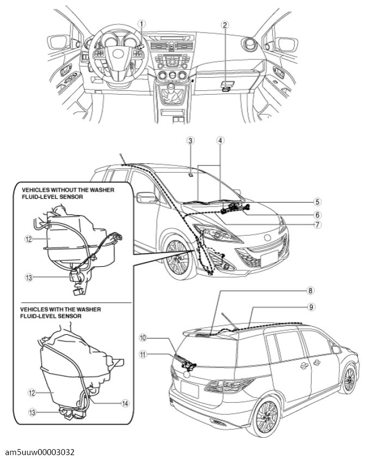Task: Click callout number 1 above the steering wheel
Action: pyautogui.click(x=142, y=23)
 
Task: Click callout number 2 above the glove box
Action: pyautogui.click(x=225, y=24)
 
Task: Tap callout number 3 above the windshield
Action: pyautogui.click(x=191, y=141)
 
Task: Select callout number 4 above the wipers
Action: pyautogui.click(x=221, y=141)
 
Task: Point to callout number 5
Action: pyautogui.click(x=317, y=202)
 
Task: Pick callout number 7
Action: pyautogui.click(x=317, y=225)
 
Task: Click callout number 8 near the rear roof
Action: pyautogui.click(x=311, y=291)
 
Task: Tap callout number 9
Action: pyautogui.click(x=311, y=307)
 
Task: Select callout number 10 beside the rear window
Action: pyautogui.click(x=143, y=338)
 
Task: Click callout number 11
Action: pyautogui.click(x=143, y=355)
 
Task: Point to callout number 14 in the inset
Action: pyautogui.click(x=125, y=404)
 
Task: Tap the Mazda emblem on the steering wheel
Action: pyautogui.click(x=116, y=54)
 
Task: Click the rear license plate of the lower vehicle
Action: pyautogui.click(x=190, y=390)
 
